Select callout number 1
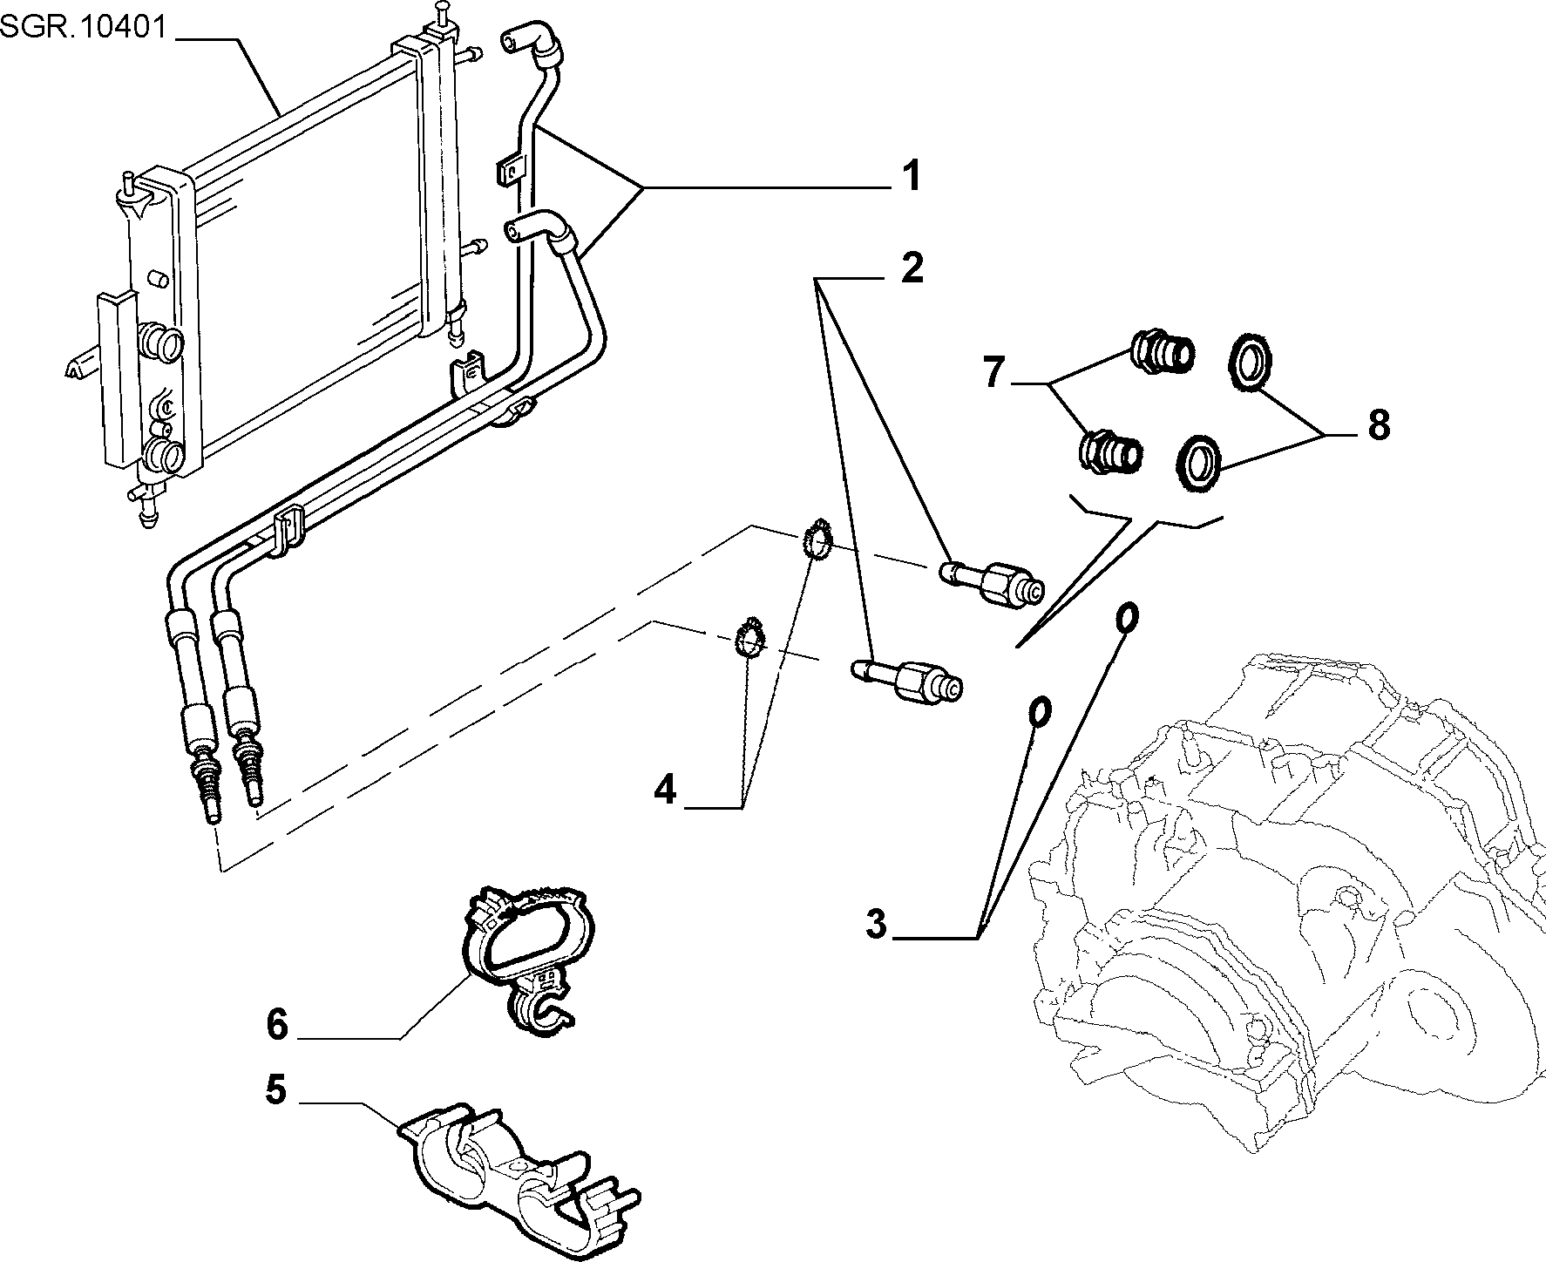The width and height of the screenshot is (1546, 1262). pyautogui.click(x=911, y=176)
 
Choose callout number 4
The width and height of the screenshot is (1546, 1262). pyautogui.click(x=665, y=790)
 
